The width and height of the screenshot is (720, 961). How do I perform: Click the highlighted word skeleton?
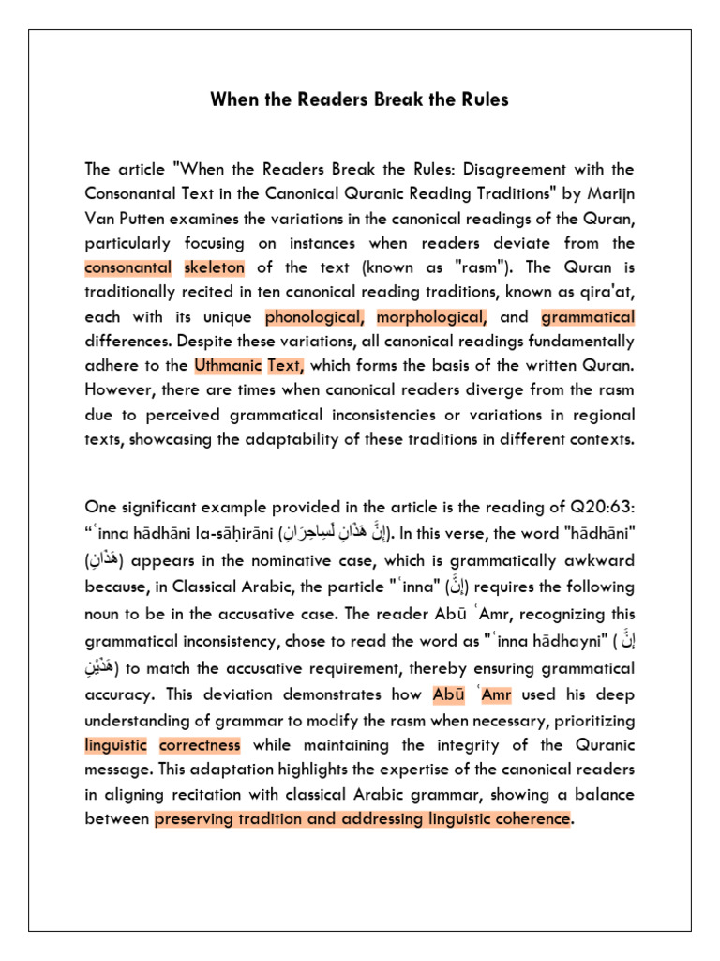(213, 267)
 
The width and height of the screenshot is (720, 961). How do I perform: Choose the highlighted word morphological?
(432, 316)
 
